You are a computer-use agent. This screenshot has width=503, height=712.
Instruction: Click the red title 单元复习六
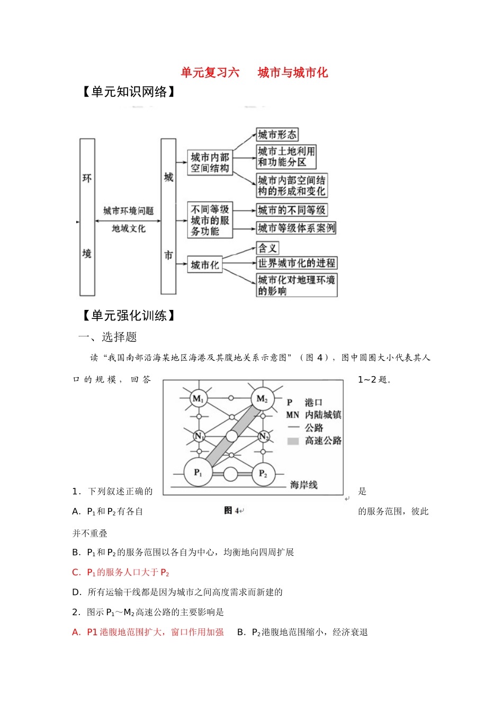(210, 73)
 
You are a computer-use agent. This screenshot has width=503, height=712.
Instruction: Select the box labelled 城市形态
(277, 135)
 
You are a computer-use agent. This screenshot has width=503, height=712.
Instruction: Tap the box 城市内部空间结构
(210, 163)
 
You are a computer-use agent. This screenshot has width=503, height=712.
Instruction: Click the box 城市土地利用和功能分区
(286, 157)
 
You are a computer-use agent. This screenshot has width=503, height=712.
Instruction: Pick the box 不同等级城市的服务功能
(210, 220)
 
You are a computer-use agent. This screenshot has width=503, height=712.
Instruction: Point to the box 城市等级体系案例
(296, 228)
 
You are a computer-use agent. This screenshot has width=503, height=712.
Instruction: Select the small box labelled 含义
(267, 248)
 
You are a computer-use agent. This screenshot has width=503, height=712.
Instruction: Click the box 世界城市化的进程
(296, 263)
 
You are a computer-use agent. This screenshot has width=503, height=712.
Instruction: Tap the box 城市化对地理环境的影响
(296, 285)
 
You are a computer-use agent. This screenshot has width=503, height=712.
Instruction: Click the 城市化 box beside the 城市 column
(204, 265)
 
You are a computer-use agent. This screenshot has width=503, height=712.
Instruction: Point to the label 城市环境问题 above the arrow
(128, 211)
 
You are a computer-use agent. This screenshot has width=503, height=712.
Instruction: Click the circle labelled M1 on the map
(198, 398)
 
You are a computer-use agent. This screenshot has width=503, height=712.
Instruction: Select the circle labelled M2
(262, 398)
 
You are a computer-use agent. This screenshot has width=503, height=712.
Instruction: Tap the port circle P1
(198, 472)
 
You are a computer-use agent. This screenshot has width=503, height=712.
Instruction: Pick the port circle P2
(263, 474)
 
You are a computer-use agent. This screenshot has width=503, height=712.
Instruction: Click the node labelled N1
(199, 436)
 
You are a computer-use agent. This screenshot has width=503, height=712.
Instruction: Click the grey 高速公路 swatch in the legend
(293, 441)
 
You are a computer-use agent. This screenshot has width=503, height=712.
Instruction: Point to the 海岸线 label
(303, 485)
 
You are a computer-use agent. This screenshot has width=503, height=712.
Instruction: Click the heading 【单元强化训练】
(129, 316)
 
